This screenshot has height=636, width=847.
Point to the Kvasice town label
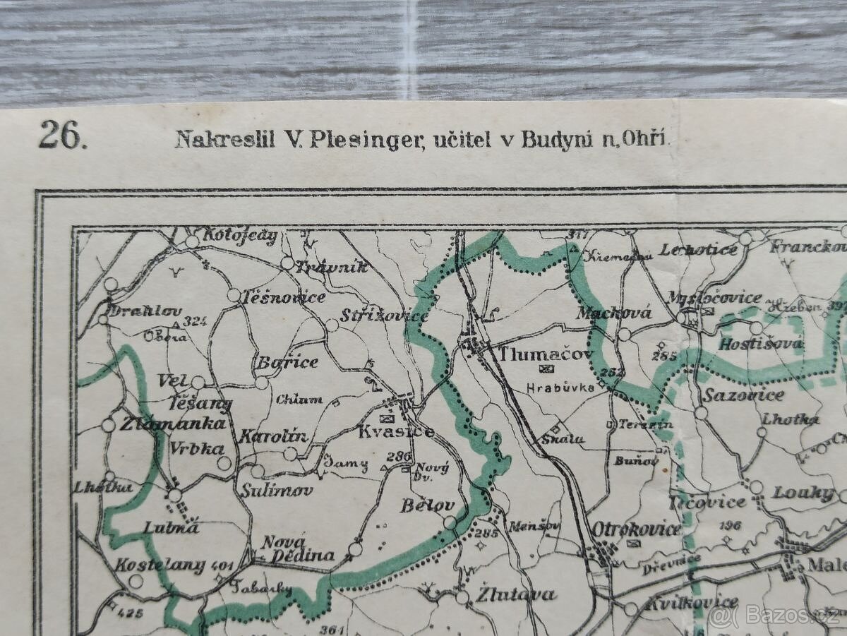395,431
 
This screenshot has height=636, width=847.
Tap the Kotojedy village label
240,236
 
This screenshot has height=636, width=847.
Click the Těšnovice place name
282,297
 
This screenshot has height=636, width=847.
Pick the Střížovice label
384,316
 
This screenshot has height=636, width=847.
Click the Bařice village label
287,362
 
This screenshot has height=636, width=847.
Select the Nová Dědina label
296,549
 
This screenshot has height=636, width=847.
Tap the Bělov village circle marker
450,522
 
